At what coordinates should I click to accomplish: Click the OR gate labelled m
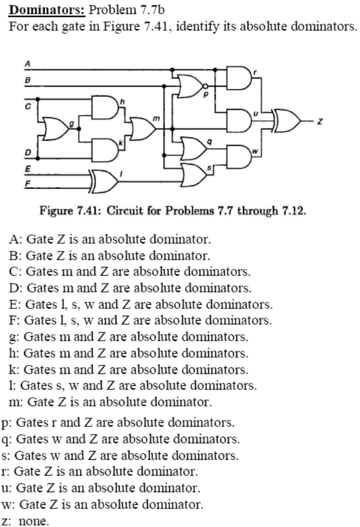[143, 128]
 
